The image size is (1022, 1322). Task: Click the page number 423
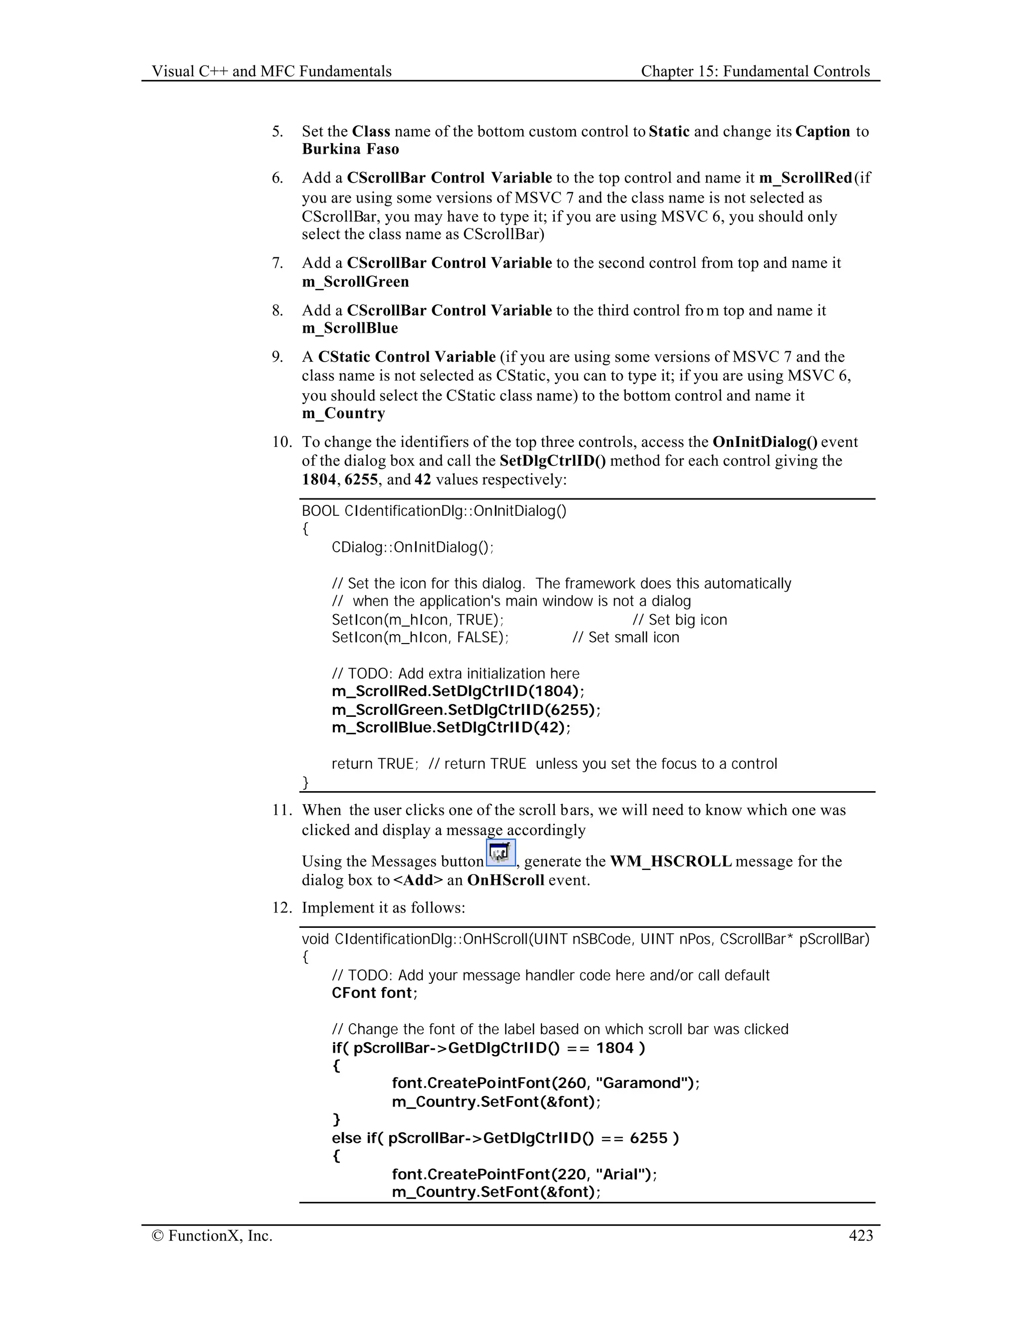860,1235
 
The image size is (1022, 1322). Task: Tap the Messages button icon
501,853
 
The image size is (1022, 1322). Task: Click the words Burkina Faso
350,150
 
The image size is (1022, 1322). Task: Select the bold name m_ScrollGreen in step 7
355,281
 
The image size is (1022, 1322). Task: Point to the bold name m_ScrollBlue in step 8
350,328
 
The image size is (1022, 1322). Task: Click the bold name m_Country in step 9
343,414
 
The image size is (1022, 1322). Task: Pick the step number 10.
281,442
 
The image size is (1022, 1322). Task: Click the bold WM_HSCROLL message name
671,862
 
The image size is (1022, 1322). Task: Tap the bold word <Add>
418,880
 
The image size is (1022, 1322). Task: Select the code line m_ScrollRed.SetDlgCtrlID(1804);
458,691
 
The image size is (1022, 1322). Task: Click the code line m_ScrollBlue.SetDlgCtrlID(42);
451,727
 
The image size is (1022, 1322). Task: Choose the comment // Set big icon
679,620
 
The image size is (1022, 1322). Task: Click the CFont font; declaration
374,993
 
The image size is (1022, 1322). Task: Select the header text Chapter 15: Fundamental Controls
755,71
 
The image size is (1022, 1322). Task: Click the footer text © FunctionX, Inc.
212,1235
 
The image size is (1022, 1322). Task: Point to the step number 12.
281,908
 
